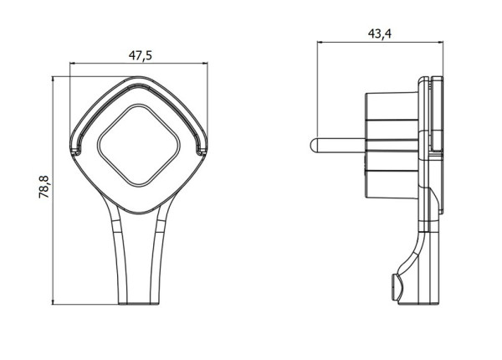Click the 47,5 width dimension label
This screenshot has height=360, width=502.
point(141,55)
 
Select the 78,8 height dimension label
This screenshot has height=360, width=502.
point(44,187)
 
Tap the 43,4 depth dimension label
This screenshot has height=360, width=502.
point(380,33)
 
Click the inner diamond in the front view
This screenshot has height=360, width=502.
point(139,145)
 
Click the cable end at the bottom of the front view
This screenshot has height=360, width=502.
point(139,303)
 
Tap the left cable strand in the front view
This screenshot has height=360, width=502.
point(119,253)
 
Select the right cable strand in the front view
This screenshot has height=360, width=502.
point(158,253)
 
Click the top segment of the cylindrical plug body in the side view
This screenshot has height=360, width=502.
point(392,106)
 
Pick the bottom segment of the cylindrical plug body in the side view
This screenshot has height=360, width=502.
point(392,184)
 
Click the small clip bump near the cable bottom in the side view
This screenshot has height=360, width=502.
point(397,286)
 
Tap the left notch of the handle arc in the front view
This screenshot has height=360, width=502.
point(74,150)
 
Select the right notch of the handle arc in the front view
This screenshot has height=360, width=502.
point(202,150)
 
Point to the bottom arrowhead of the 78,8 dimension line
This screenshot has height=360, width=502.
point(53,301)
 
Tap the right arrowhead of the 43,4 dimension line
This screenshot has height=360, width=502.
point(440,42)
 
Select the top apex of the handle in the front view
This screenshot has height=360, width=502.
point(138,76)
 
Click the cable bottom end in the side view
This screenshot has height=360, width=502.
point(419,303)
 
